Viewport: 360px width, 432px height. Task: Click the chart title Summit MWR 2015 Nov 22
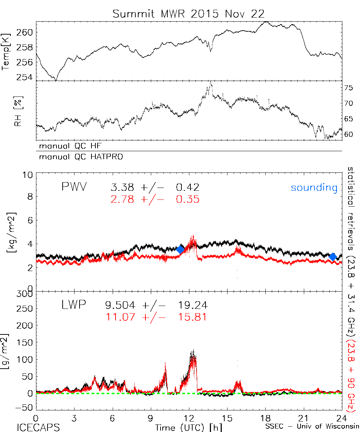[189, 14]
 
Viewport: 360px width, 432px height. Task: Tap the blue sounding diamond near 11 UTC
[180, 249]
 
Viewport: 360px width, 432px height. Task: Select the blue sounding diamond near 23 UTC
[333, 256]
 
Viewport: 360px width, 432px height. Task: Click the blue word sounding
[314, 188]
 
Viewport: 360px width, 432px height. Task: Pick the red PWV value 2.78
[122, 199]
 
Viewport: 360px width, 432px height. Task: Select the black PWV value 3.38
[122, 188]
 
